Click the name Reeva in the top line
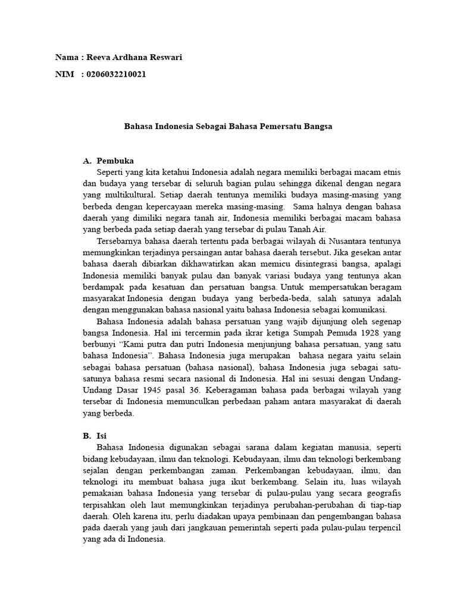coord(99,58)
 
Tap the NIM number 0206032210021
coord(117,74)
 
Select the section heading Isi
coord(101,435)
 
